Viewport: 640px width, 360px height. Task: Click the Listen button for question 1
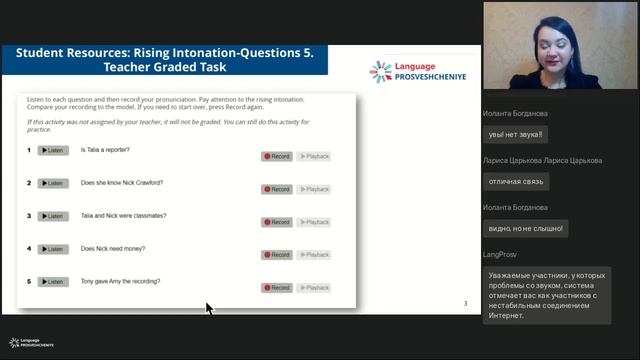[x=53, y=150]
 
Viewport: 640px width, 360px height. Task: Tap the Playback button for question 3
[x=314, y=222]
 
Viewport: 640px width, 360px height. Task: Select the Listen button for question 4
[x=53, y=248]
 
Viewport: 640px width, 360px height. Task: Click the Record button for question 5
[x=277, y=288]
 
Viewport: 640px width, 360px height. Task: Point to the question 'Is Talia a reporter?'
[x=105, y=150]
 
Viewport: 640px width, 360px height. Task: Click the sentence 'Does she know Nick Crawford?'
[x=121, y=183]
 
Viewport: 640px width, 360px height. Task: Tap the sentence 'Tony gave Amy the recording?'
[x=120, y=281]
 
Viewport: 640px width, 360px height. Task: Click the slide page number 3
[x=464, y=303]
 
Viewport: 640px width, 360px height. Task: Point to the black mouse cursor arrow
[x=209, y=307]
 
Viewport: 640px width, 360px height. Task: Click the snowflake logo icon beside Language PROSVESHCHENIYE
[x=380, y=70]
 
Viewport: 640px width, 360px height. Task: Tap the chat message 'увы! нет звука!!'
[x=515, y=133]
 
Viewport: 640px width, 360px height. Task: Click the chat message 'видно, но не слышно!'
[x=525, y=229]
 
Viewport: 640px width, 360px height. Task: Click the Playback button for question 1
[x=314, y=157]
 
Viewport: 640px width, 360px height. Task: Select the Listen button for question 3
[x=53, y=216]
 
